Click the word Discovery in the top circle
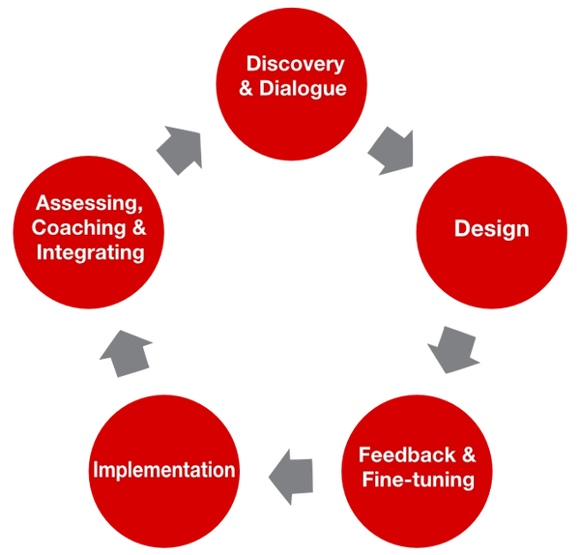295,65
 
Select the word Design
492,229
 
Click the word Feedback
398,455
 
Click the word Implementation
163,470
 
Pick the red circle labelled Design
492,229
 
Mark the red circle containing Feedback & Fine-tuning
418,468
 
